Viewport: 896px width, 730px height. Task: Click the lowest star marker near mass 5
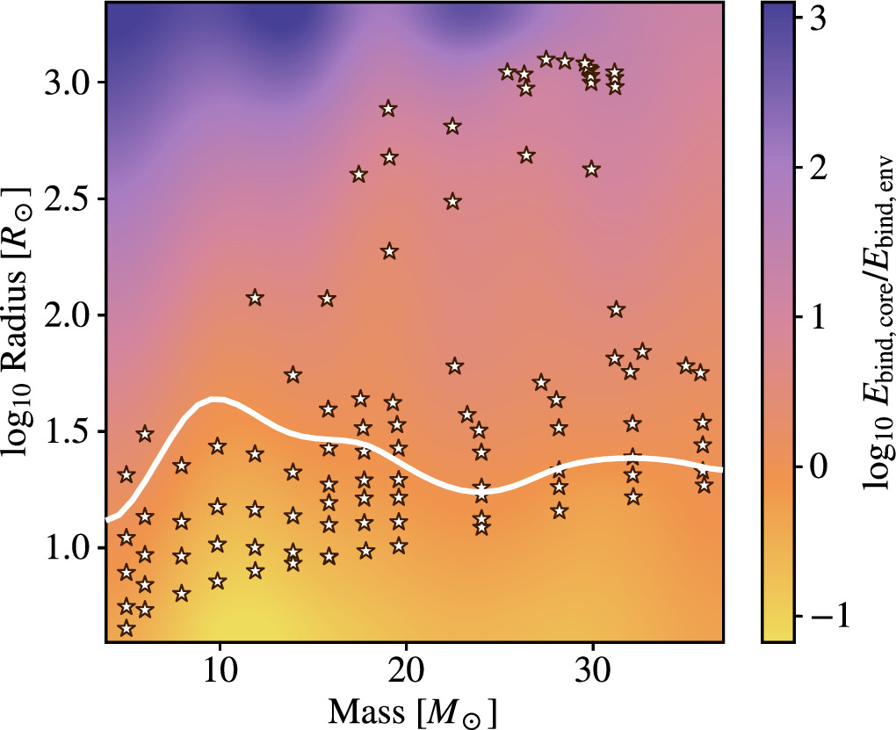tap(126, 628)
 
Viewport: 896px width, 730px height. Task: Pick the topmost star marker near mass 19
tap(388, 110)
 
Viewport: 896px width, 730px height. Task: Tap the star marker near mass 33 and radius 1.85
tap(642, 352)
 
